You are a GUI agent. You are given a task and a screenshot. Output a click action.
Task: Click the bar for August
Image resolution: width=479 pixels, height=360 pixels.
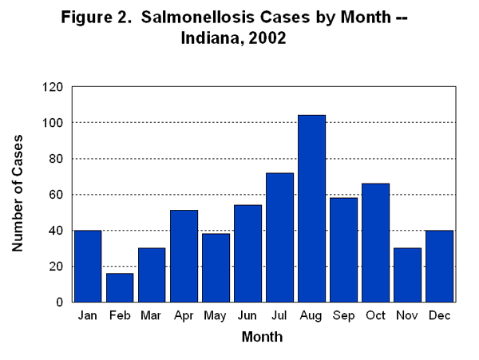click(x=311, y=208)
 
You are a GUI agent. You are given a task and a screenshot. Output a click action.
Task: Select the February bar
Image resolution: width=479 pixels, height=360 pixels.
click(x=120, y=287)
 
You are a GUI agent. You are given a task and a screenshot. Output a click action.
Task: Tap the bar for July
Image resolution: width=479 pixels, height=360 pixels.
click(x=279, y=237)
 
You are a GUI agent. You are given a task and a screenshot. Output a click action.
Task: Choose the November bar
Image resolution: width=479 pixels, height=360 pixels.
click(x=407, y=275)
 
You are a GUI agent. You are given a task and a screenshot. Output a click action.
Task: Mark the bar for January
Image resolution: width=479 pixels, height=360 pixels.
click(x=88, y=266)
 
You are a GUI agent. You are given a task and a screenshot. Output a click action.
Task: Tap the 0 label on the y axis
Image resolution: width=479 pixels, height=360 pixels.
click(x=59, y=302)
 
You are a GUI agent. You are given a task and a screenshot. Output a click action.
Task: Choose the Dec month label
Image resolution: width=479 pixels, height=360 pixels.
click(x=439, y=317)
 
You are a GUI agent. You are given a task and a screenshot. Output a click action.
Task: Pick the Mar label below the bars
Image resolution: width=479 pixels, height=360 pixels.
click(x=152, y=317)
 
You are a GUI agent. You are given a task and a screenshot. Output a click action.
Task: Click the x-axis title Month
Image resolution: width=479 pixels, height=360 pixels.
click(x=262, y=338)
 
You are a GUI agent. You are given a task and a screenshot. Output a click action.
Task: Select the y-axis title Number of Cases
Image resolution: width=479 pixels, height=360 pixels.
click(x=18, y=194)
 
